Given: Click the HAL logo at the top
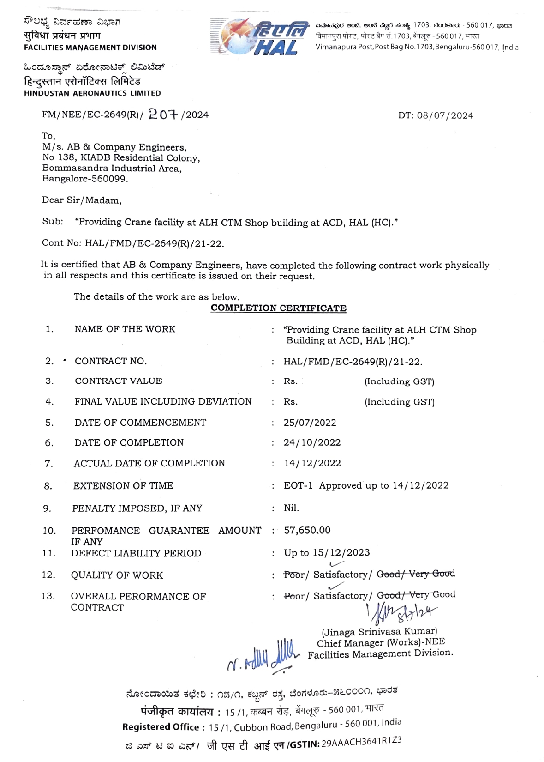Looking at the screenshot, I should coord(259,36).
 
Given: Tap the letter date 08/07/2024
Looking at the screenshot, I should coord(445,115).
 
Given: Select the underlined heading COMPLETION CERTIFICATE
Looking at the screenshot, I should coord(278,308).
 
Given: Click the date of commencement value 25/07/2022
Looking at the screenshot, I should coord(310,423).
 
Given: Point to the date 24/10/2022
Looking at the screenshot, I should coord(312,442).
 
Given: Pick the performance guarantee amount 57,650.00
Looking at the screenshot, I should coord(307,530).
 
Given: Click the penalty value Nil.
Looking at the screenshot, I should coord(291,508).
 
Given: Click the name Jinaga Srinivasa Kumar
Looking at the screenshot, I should coord(379,631).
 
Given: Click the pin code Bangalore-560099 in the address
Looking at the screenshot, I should coord(85,179).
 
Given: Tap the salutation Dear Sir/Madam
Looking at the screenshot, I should coord(82,200).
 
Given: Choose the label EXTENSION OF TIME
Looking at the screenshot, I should coord(123,486).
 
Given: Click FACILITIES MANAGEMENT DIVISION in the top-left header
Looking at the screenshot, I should coord(90,48).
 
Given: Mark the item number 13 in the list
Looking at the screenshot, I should coord(48,596).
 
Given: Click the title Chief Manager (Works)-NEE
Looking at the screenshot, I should coord(381,642).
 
